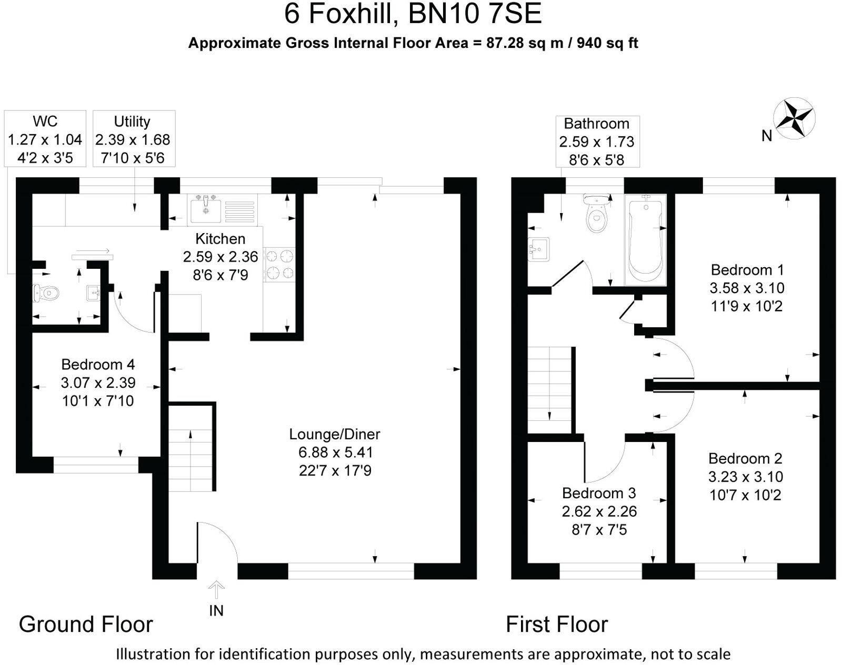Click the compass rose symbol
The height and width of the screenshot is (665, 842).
[x=794, y=118]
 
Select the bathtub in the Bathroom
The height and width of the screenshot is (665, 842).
[x=645, y=240]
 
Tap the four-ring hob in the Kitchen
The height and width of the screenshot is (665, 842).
[x=279, y=265]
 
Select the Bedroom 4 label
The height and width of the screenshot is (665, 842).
[x=98, y=364]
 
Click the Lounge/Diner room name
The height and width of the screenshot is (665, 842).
[x=335, y=434]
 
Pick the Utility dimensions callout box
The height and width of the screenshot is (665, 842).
[x=134, y=139]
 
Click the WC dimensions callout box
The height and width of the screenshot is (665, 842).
[x=45, y=139]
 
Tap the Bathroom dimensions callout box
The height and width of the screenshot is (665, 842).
[x=597, y=142]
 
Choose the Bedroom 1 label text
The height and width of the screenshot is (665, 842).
[x=747, y=270]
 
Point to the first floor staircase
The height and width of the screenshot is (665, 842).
[x=549, y=389]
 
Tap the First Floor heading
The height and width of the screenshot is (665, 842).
[x=556, y=624]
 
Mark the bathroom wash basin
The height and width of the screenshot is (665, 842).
[x=539, y=249]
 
